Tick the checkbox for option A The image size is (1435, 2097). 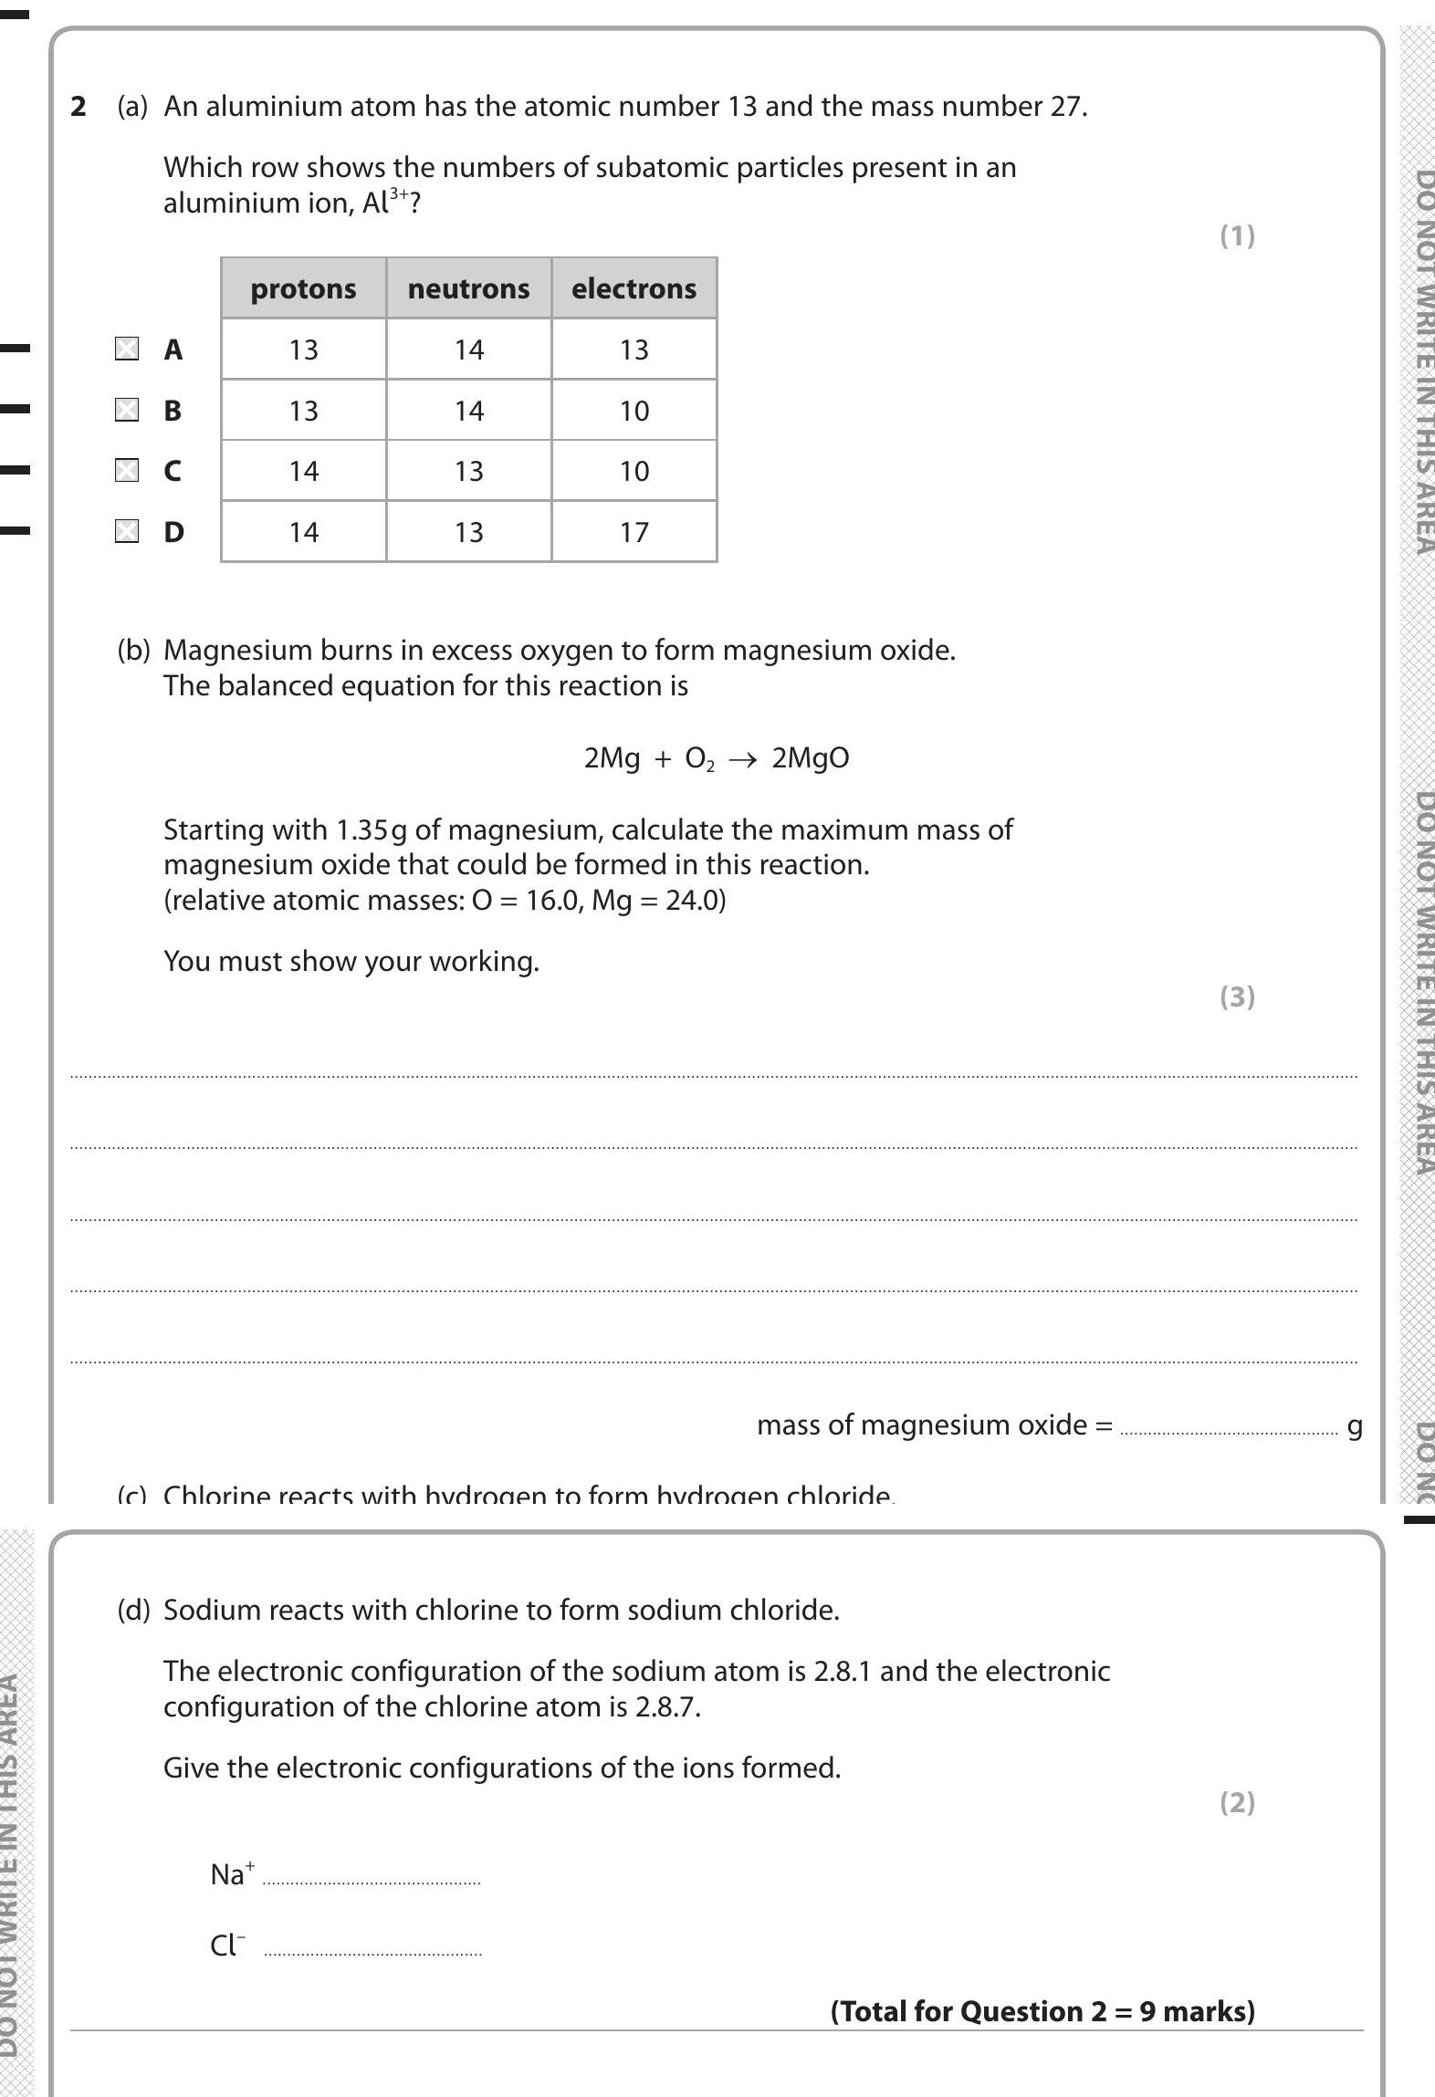[x=127, y=349]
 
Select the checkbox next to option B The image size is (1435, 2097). [x=127, y=410]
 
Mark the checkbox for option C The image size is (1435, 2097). [x=127, y=470]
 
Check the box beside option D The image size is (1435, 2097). [x=127, y=531]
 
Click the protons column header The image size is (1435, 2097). [x=303, y=288]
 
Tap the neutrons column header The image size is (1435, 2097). [x=468, y=288]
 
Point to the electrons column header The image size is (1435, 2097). [x=634, y=288]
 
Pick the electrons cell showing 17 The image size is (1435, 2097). [x=634, y=532]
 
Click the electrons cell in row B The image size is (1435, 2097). [x=634, y=411]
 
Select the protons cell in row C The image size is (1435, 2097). [x=303, y=471]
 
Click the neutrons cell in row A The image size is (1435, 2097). [x=468, y=349]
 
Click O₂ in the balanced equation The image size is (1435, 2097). [x=699, y=759]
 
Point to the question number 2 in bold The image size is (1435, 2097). [x=79, y=107]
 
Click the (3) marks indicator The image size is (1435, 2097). [x=1237, y=996]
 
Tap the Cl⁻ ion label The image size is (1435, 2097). [x=228, y=1946]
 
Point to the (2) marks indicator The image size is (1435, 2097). [x=1237, y=1802]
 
